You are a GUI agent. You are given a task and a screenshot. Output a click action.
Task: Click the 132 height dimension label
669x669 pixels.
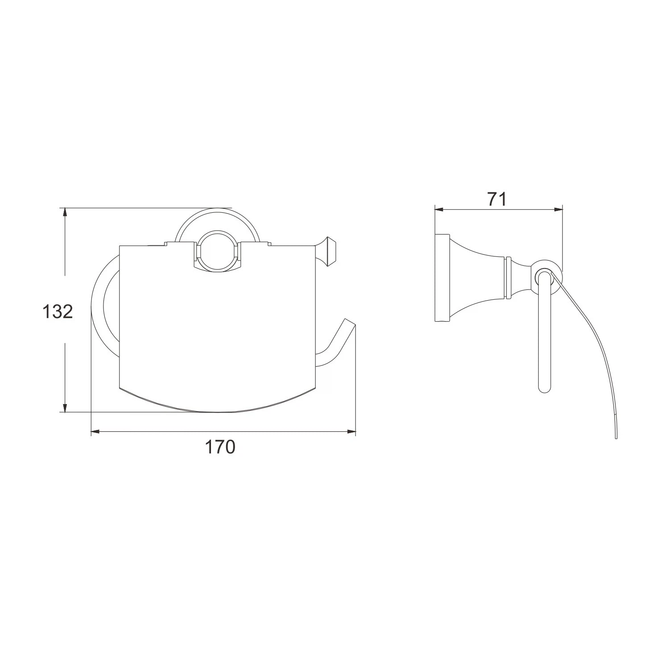pyautogui.click(x=58, y=311)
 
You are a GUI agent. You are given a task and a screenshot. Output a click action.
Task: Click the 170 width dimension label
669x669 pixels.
pyautogui.click(x=220, y=446)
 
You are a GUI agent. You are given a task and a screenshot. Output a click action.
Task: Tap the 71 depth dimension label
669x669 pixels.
pyautogui.click(x=497, y=199)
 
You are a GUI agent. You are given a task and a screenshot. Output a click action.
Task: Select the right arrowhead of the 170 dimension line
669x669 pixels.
pyautogui.click(x=352, y=431)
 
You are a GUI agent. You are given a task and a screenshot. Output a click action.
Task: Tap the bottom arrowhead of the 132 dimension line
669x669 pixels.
pyautogui.click(x=65, y=408)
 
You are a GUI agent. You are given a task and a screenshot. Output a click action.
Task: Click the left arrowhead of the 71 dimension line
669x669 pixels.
pyautogui.click(x=439, y=209)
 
